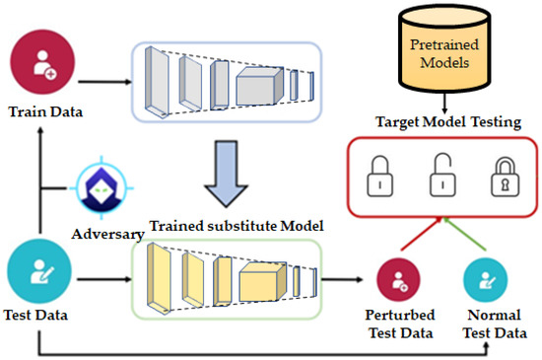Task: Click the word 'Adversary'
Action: (x=108, y=235)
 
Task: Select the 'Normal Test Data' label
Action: (x=486, y=325)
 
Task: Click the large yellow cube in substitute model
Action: (x=265, y=282)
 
